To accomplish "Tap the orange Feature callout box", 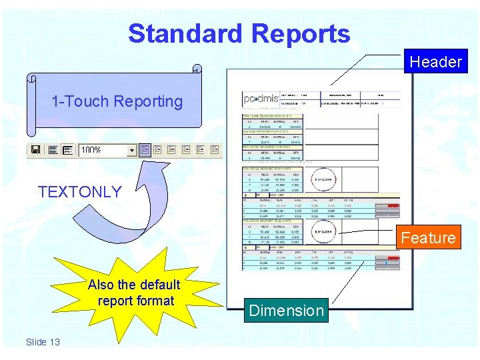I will click(x=428, y=238).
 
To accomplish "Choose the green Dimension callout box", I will click(x=286, y=311).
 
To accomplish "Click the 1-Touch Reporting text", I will click(x=117, y=101).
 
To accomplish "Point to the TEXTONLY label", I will click(x=80, y=192).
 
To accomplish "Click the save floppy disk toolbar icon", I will click(x=35, y=150).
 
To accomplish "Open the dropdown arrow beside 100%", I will click(x=132, y=151).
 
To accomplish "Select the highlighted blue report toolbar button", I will click(x=145, y=150).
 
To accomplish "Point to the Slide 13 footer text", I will click(x=43, y=342).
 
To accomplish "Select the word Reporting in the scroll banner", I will click(x=148, y=101).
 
